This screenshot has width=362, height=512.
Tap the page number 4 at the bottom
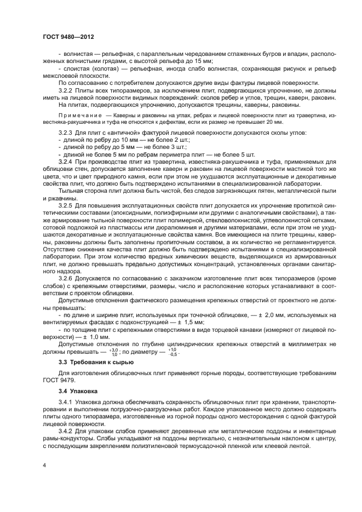pos(43,465)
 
